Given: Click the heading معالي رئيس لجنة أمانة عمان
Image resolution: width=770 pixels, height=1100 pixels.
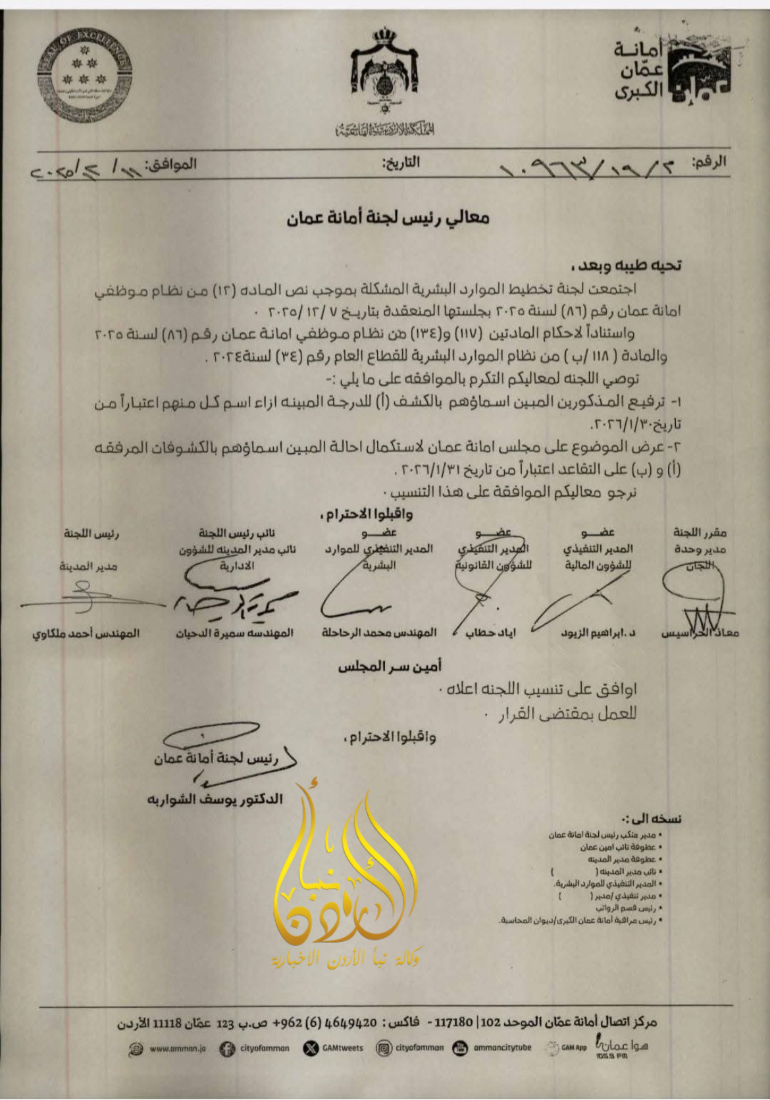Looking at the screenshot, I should pyautogui.click(x=388, y=218).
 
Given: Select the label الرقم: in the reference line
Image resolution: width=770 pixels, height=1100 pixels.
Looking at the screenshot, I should pyautogui.click(x=709, y=162).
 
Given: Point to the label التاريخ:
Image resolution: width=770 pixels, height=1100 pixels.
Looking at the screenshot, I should pyautogui.click(x=401, y=162).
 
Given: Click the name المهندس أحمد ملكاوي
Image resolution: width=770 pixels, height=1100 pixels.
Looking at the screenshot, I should pyautogui.click(x=86, y=634).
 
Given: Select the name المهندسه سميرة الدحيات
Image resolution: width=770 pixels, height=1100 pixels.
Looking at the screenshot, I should pyautogui.click(x=234, y=634).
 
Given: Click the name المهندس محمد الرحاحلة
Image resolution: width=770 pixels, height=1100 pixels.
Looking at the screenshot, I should pyautogui.click(x=379, y=633).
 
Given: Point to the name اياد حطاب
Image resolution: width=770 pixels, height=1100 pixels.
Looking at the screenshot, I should pyautogui.click(x=490, y=633).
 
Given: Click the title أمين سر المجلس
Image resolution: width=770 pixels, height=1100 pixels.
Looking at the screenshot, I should pyautogui.click(x=390, y=667).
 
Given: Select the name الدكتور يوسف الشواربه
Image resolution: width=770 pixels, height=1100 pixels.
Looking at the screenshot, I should pyautogui.click(x=215, y=799).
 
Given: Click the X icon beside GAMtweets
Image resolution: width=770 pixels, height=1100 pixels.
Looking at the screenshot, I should pyautogui.click(x=310, y=1048).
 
